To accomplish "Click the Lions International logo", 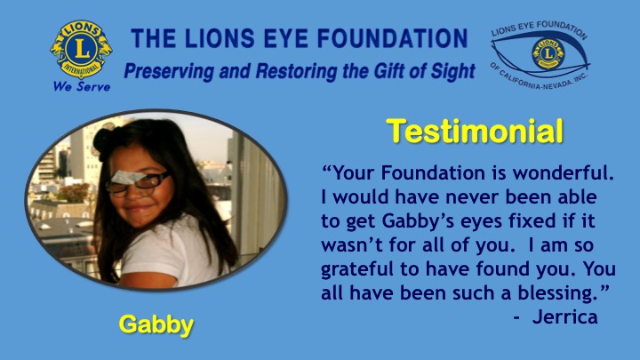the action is pyautogui.click(x=81, y=49).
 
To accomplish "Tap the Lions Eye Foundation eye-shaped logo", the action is pyautogui.click(x=540, y=55).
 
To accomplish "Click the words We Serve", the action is pyautogui.click(x=82, y=86).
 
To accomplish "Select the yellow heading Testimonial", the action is pyautogui.click(x=475, y=131).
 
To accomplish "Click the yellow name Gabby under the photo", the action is pyautogui.click(x=156, y=325).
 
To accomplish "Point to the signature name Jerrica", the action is pyautogui.click(x=565, y=317).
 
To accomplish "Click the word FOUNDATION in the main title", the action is pyautogui.click(x=392, y=38).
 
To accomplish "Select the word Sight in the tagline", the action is pyautogui.click(x=453, y=71).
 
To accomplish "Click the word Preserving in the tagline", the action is pyautogui.click(x=169, y=71).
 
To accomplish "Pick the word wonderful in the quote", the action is pyautogui.click(x=564, y=173).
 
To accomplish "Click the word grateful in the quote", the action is pyautogui.click(x=359, y=270).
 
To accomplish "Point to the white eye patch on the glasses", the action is pyautogui.click(x=127, y=177).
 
